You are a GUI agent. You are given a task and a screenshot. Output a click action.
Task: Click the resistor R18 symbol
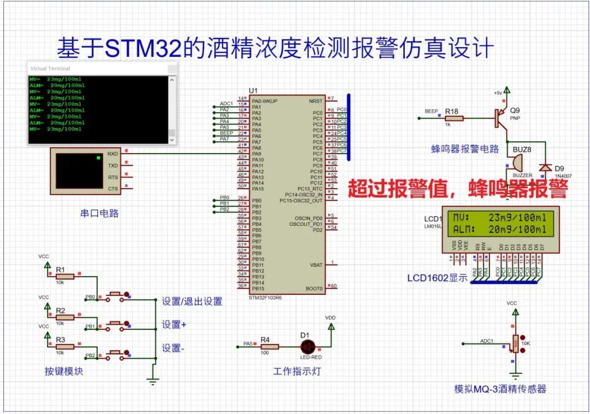(x=454, y=118)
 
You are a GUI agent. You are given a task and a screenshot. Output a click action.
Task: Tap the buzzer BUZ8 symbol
(x=515, y=162)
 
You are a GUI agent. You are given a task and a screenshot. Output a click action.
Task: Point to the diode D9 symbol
(x=544, y=167)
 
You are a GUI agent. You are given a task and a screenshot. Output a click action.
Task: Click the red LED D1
(x=307, y=346)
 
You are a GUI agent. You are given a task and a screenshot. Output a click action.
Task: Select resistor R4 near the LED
(x=268, y=346)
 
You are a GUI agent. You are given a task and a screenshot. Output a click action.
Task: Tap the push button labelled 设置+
(x=116, y=323)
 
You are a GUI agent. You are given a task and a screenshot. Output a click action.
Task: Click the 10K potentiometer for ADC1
(x=514, y=343)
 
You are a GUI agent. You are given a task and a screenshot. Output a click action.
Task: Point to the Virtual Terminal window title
(x=50, y=68)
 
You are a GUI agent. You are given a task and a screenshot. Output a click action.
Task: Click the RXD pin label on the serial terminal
(x=113, y=154)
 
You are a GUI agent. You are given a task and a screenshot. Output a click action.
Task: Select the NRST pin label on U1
(x=315, y=101)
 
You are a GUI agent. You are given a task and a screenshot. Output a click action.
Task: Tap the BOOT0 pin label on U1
(x=314, y=288)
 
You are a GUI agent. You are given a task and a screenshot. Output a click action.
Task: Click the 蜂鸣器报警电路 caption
(x=465, y=149)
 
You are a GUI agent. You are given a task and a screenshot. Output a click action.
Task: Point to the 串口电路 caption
(x=99, y=213)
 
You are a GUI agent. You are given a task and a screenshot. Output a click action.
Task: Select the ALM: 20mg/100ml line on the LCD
(x=500, y=230)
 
